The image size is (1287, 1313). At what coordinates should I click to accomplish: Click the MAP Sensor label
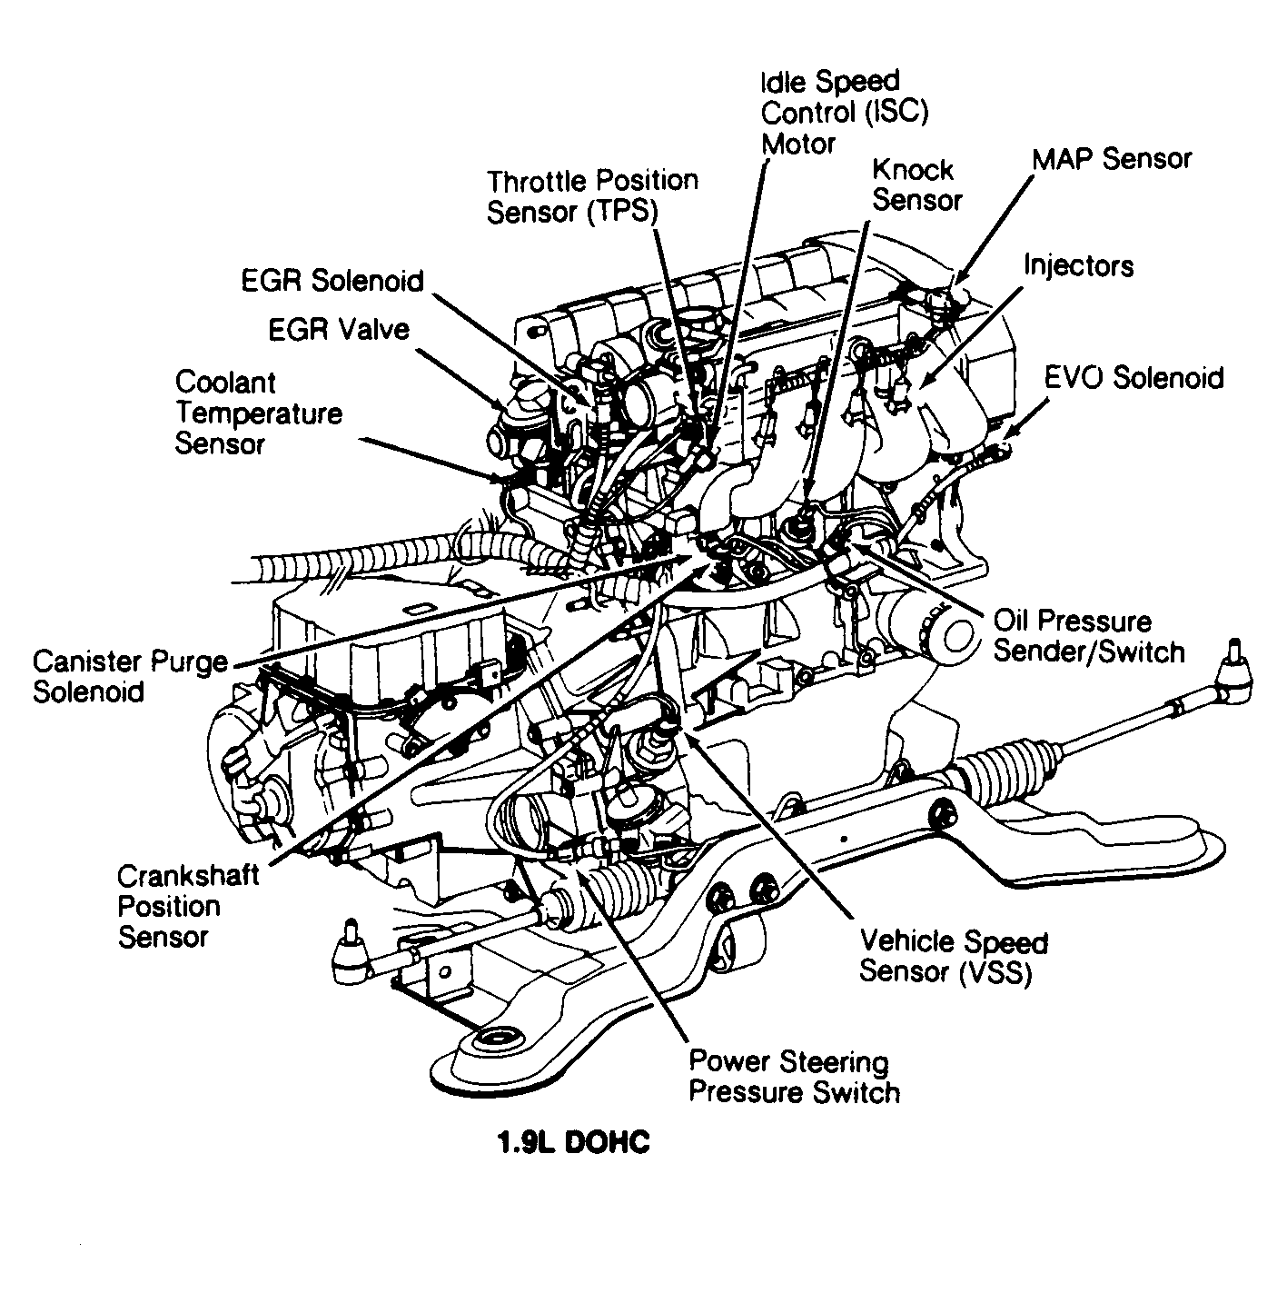click(1111, 159)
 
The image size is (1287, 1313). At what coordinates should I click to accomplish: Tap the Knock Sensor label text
click(916, 184)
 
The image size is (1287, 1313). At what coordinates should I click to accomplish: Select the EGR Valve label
click(338, 329)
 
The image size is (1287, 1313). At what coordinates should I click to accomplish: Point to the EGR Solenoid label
click(332, 281)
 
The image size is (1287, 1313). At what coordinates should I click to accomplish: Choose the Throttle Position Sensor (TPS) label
click(592, 195)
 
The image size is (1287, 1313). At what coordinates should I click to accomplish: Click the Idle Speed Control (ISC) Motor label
click(844, 113)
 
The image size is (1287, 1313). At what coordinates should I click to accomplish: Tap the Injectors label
click(1078, 265)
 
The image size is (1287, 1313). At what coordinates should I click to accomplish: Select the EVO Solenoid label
click(1134, 377)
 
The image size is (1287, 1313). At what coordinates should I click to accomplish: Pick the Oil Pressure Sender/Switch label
click(1088, 636)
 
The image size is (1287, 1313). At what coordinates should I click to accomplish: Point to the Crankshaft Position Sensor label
click(187, 906)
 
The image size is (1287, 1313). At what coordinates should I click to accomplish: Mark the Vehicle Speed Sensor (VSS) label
click(953, 956)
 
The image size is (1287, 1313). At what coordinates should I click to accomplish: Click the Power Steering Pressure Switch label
click(794, 1076)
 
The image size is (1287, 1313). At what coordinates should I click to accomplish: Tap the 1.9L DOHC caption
click(573, 1142)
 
